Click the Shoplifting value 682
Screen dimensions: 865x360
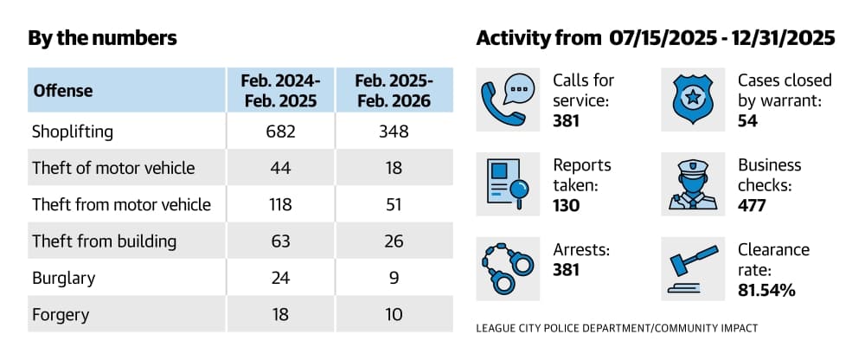coord(280,132)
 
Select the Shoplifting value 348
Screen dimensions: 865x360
coord(394,132)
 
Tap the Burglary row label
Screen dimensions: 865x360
coord(64,279)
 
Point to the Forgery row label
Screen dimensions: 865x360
coord(61,315)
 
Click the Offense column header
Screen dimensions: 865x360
coord(63,91)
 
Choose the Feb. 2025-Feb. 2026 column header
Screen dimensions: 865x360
coord(394,91)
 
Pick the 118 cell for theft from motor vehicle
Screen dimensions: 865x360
coord(280,205)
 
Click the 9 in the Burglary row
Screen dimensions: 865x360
coord(394,278)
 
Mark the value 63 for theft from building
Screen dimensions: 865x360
coord(280,241)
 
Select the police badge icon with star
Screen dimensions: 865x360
coord(692,100)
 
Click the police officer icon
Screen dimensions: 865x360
coord(692,184)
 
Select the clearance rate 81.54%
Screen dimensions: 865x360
coord(766,290)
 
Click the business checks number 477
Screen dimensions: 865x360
coord(752,205)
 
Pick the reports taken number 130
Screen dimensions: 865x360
coord(567,205)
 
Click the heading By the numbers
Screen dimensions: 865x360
coord(103,38)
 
